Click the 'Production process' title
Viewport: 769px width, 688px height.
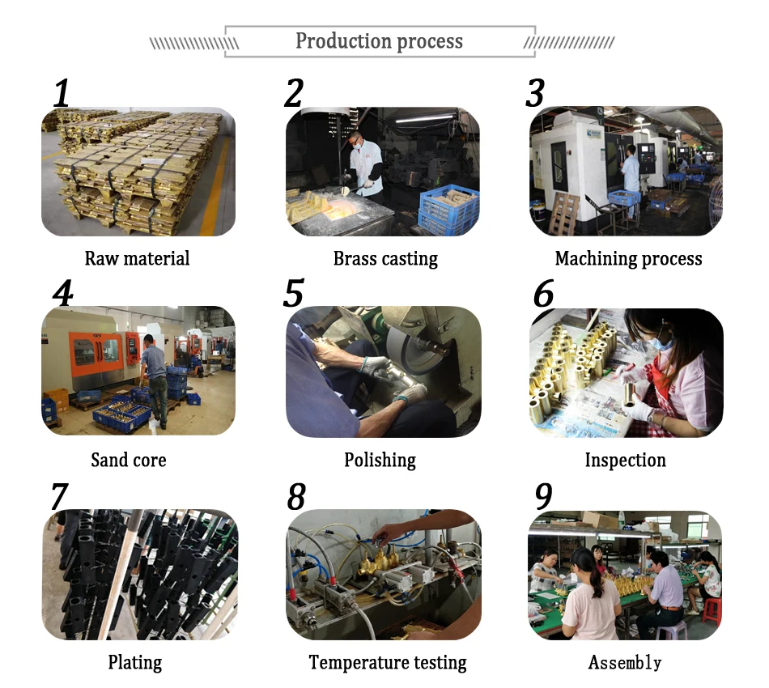pyautogui.click(x=379, y=41)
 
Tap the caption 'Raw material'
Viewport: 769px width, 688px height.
pyautogui.click(x=138, y=258)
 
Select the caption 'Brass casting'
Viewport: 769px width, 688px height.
pyautogui.click(x=385, y=258)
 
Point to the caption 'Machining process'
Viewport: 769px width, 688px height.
pyautogui.click(x=628, y=258)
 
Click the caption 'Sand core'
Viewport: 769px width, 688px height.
pyautogui.click(x=129, y=460)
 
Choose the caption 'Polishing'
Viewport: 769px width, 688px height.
pyautogui.click(x=380, y=461)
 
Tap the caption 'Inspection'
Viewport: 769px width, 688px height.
pyautogui.click(x=625, y=461)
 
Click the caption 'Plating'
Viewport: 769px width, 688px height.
pyautogui.click(x=135, y=662)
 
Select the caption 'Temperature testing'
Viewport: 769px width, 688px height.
pyautogui.click(x=388, y=662)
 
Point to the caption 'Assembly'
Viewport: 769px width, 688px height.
pyautogui.click(x=625, y=662)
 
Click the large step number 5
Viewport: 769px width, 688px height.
pyautogui.click(x=293, y=293)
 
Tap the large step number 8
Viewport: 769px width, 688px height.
pyautogui.click(x=296, y=496)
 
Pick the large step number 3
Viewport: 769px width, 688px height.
pyautogui.click(x=534, y=93)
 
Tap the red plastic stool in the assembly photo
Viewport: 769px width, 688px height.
pyautogui.click(x=712, y=609)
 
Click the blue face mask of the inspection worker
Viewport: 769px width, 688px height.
pyautogui.click(x=663, y=342)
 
